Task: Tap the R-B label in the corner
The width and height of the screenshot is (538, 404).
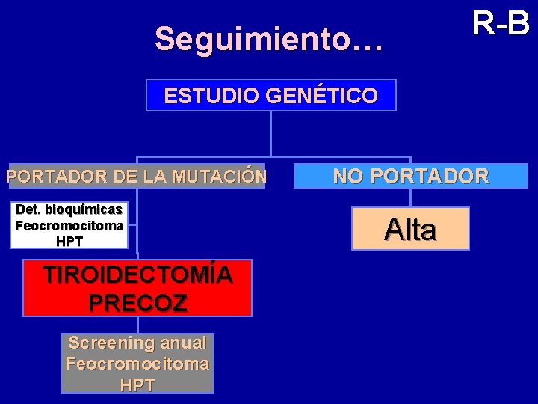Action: tap(501, 24)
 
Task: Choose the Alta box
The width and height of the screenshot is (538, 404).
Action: tap(411, 229)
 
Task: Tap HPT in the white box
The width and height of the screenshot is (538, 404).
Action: tap(69, 241)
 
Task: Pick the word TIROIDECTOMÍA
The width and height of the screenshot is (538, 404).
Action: tap(137, 275)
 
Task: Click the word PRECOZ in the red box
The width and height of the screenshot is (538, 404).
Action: tap(137, 303)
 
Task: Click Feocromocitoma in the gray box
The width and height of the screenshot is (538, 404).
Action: tap(137, 364)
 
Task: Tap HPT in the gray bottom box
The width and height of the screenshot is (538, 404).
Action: tap(137, 385)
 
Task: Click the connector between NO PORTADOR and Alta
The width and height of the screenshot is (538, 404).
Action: tap(411, 198)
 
